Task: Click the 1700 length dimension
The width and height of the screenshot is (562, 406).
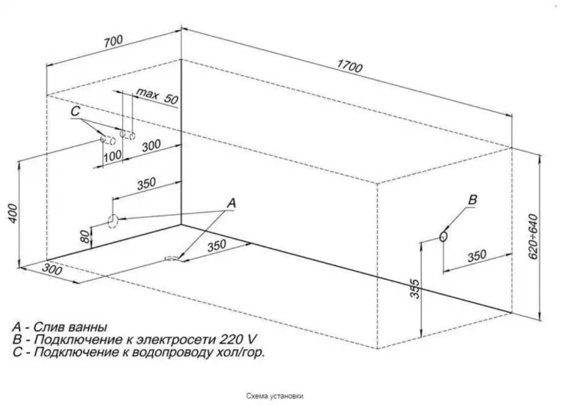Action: tap(349, 66)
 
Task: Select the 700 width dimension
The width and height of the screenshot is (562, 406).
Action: tap(113, 41)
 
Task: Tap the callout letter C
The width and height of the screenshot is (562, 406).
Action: tap(75, 111)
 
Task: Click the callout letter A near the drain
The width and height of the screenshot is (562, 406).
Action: tap(232, 203)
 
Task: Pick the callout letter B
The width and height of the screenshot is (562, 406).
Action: tap(473, 199)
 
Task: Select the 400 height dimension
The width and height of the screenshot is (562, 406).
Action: tap(13, 213)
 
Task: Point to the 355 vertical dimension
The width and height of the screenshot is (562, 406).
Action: tap(414, 288)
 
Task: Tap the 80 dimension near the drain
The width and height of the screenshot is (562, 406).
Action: tap(85, 237)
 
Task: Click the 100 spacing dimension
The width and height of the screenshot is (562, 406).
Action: tap(112, 157)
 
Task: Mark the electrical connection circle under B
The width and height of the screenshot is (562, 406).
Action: tap(444, 236)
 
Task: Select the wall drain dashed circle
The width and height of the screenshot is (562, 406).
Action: tap(112, 221)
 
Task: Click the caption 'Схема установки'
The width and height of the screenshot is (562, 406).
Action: tap(275, 396)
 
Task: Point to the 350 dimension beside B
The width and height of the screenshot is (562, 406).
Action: tap(477, 256)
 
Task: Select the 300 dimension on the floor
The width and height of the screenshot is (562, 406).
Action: tap(52, 269)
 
